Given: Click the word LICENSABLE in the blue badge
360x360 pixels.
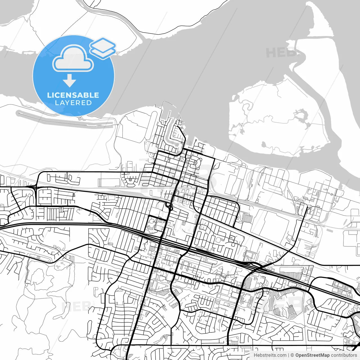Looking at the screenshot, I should click(73, 95).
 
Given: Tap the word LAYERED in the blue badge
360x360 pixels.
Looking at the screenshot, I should click(73, 103).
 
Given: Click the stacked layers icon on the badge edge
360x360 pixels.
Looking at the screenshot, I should click(103, 48).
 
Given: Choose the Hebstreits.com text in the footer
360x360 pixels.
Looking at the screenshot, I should click(270, 355).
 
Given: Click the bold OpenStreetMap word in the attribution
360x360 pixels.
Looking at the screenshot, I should click(312, 355).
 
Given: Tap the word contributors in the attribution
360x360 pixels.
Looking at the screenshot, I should click(344, 355).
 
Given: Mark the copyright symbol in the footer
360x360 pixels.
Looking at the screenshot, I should click(292, 355).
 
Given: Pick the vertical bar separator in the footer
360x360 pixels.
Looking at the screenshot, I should click(289, 355).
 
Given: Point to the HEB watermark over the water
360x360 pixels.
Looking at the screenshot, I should click(280, 53).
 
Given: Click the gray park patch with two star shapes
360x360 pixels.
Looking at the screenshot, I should click(59, 265).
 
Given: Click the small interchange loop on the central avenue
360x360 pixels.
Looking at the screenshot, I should click(170, 207).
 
